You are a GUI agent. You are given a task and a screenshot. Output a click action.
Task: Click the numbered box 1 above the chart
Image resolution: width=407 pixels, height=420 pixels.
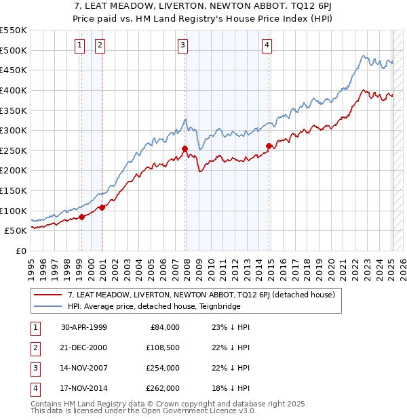[80, 45]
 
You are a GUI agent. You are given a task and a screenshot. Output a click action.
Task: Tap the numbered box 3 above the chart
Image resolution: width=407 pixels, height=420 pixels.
[183, 45]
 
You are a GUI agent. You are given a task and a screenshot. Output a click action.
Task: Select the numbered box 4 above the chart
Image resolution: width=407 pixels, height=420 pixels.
[267, 45]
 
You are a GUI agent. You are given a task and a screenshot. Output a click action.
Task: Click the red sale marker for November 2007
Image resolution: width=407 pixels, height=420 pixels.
[185, 148]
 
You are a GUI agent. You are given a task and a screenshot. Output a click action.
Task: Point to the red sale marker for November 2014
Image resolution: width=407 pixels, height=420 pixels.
[269, 146]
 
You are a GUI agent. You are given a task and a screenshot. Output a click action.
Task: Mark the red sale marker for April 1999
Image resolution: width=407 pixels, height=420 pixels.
[81, 217]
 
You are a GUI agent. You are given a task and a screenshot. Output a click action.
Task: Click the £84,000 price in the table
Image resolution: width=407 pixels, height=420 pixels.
[163, 327]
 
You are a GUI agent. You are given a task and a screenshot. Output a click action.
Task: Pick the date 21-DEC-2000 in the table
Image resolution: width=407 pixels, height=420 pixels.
[84, 348]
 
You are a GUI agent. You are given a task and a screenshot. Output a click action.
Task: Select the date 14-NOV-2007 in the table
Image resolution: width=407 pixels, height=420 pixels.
[84, 368]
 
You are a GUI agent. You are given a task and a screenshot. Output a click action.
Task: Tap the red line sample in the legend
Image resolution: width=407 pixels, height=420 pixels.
[49, 295]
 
